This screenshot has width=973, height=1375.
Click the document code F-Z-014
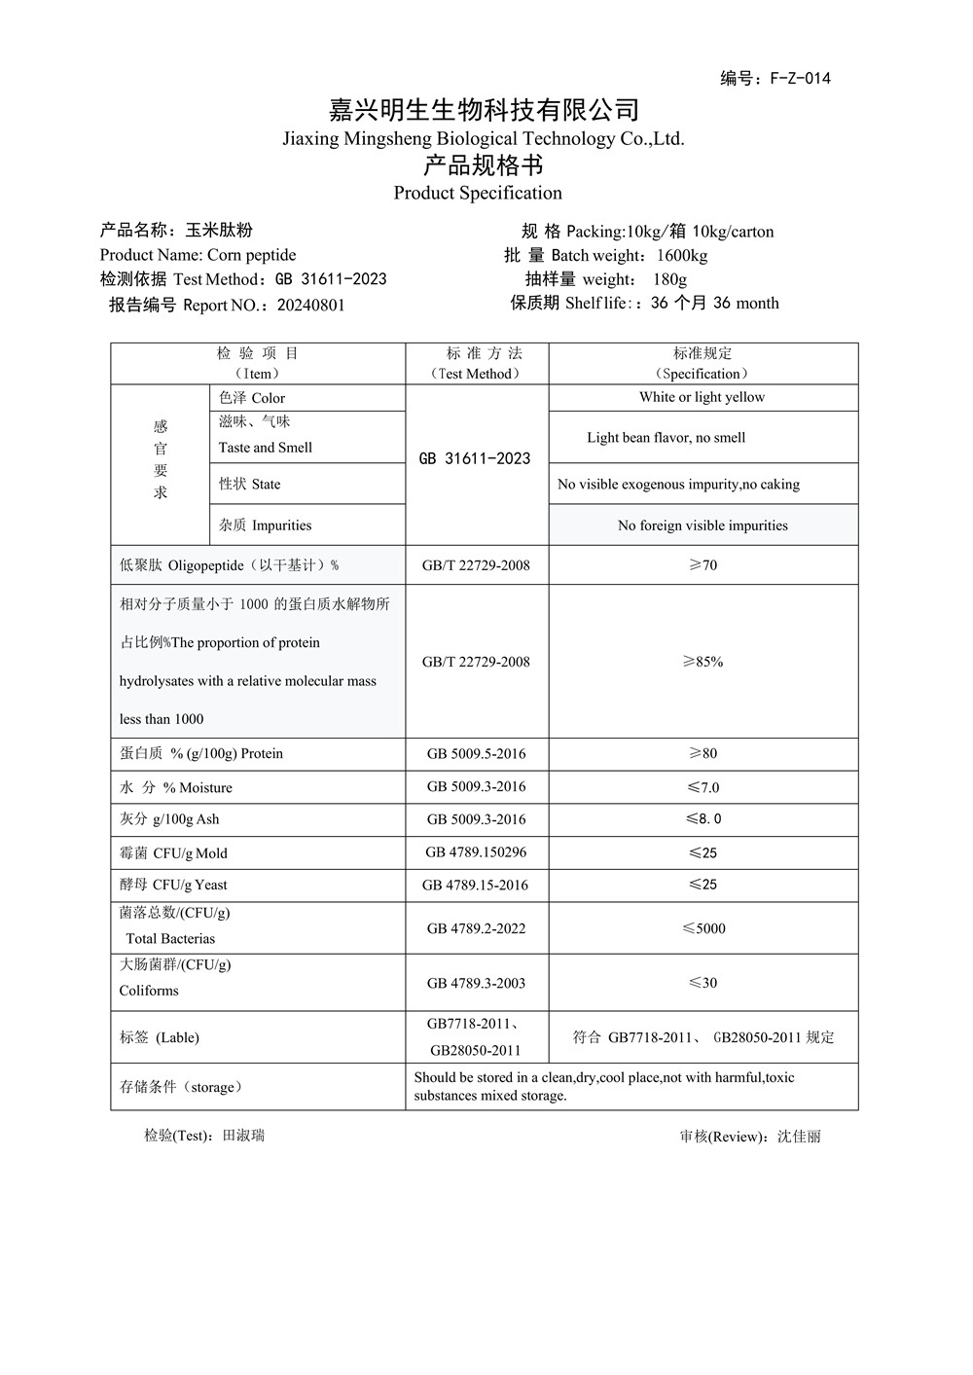tap(800, 79)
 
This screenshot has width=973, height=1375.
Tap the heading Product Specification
tap(478, 193)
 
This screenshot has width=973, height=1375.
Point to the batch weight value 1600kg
tap(682, 256)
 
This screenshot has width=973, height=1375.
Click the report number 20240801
tap(311, 305)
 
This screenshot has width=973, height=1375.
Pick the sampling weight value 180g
tap(669, 279)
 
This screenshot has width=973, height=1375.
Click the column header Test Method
tap(476, 374)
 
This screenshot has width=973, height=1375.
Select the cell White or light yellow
tap(702, 397)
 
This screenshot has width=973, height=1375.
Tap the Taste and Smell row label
tap(266, 448)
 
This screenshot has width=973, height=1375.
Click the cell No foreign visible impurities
tap(703, 525)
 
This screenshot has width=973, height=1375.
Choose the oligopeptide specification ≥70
tap(703, 565)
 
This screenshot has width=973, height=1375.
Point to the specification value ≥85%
tap(703, 662)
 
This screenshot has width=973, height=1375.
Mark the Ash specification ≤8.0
tap(703, 819)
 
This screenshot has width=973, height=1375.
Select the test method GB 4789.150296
tap(476, 852)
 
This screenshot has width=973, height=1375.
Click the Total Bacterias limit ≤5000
tap(703, 928)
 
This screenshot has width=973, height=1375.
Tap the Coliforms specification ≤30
tap(703, 983)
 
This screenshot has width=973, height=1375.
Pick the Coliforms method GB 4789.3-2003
tap(476, 983)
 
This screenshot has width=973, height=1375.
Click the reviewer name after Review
tap(799, 1137)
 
